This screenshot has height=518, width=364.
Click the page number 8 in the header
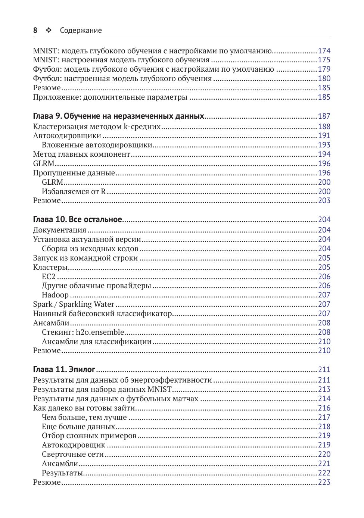click(x=35, y=31)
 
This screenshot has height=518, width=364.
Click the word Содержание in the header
click(x=81, y=31)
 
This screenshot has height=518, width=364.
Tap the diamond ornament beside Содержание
click(x=49, y=31)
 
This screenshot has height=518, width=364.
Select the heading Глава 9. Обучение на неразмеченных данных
click(x=118, y=116)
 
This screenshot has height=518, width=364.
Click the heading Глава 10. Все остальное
click(x=77, y=219)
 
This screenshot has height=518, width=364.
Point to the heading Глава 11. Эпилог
click(x=64, y=369)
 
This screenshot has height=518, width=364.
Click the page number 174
click(x=324, y=51)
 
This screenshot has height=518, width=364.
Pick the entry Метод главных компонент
click(x=81, y=154)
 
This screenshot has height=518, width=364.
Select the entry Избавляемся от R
click(x=74, y=191)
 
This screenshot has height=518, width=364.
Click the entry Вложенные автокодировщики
click(x=97, y=145)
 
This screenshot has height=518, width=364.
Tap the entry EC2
click(x=49, y=277)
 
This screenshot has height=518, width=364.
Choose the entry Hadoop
click(x=55, y=295)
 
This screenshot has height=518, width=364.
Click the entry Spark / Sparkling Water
click(x=74, y=304)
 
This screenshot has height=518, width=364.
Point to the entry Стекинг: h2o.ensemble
click(x=83, y=332)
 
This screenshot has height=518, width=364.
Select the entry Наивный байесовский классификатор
click(x=102, y=313)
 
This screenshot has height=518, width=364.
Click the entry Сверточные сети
click(x=73, y=454)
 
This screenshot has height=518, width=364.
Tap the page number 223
click(x=324, y=482)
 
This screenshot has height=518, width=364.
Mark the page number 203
click(x=324, y=200)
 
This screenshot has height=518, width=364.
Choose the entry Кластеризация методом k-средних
click(x=97, y=127)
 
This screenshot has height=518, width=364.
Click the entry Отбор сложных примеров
click(x=89, y=436)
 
